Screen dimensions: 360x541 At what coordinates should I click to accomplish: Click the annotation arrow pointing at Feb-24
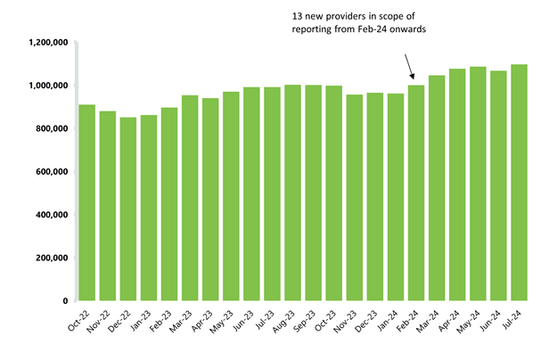pos(408,67)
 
